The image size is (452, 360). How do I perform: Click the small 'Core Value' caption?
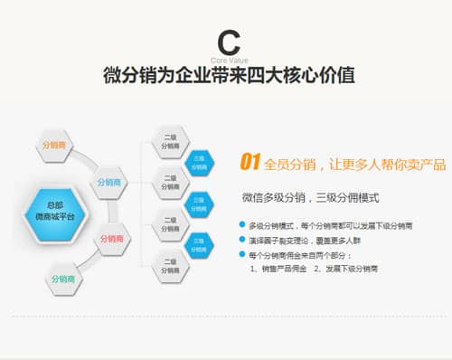click(227, 60)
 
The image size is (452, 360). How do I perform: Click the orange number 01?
click(250, 163)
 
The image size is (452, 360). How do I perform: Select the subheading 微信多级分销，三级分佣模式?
click(310, 196)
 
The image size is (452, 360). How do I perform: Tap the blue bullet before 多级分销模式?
click(242, 223)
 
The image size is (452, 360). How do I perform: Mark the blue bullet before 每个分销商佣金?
click(242, 255)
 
